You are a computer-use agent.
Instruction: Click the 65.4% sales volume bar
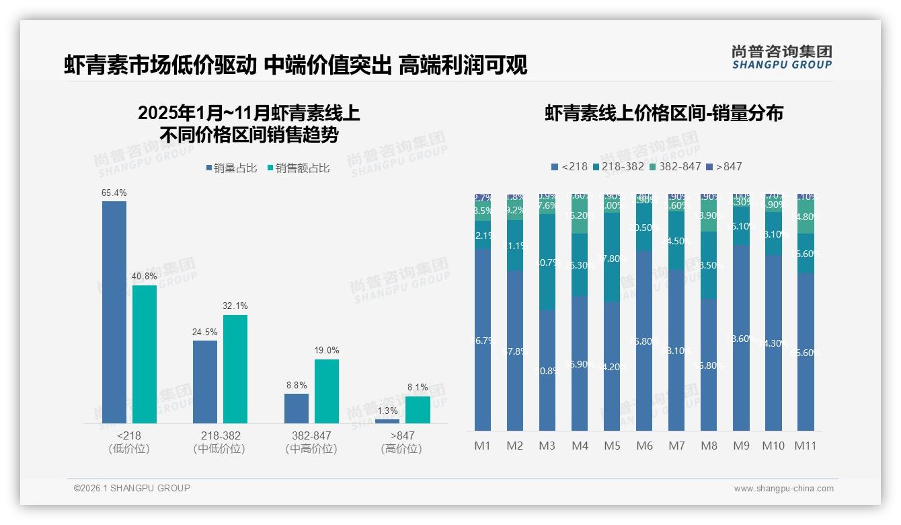[x=114, y=312]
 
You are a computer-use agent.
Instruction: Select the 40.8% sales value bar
[x=145, y=354]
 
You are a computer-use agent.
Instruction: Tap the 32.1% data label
[x=235, y=306]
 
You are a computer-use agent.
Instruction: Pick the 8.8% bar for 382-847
[x=297, y=409]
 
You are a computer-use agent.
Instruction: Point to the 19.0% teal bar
[x=327, y=391]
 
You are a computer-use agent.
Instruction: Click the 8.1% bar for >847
[x=418, y=410]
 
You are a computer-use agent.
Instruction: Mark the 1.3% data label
[x=387, y=411]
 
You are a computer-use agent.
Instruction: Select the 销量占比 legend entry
[x=231, y=168]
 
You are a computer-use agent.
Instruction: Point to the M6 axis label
[x=644, y=446]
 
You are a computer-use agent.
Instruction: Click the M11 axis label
[x=806, y=446]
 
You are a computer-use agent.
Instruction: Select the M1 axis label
[x=483, y=446]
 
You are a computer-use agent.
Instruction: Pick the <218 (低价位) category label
[x=128, y=442]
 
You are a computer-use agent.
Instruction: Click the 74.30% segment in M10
[x=773, y=343]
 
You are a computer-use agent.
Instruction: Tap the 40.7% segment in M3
[x=547, y=262]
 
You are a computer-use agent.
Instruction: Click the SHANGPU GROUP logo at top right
[x=782, y=57]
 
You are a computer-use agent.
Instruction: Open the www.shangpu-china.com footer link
[x=783, y=489]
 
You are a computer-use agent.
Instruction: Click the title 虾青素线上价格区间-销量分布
[x=664, y=113]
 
